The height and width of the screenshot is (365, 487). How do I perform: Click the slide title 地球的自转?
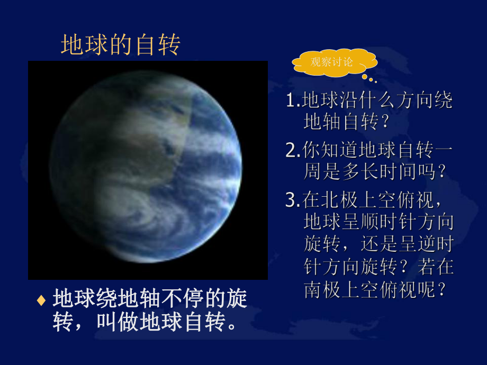coord(121,45)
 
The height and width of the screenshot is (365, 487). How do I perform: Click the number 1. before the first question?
coord(292,101)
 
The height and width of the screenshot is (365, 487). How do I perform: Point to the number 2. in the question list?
coord(292,151)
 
